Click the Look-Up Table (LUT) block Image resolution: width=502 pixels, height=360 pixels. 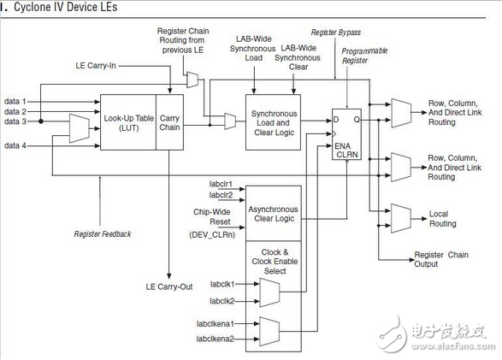(128, 122)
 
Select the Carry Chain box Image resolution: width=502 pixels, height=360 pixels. (169, 122)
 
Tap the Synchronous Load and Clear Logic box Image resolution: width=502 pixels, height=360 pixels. (273, 122)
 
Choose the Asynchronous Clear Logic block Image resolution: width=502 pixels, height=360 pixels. (274, 213)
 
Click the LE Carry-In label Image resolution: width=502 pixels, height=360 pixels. (96, 66)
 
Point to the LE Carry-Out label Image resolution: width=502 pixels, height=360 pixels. (169, 286)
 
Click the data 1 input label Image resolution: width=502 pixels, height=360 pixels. (15, 102)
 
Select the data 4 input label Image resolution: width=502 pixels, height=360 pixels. (15, 145)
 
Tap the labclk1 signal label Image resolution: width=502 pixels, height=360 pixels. (222, 284)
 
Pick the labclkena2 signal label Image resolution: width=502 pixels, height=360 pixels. (215, 339)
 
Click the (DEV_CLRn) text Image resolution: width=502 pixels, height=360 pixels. (212, 234)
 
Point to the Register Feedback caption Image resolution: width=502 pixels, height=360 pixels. (103, 234)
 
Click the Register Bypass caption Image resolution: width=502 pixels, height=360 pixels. (336, 32)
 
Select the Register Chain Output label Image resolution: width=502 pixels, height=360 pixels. (441, 259)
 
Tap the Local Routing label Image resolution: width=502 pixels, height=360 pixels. (442, 219)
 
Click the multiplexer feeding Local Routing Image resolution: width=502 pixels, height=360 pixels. (401, 218)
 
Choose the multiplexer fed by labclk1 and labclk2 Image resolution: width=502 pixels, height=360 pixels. (269, 292)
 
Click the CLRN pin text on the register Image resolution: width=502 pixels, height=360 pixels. (347, 155)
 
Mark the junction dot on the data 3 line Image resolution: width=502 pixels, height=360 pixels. (41, 121)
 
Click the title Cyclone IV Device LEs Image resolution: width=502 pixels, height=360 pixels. (65, 7)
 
